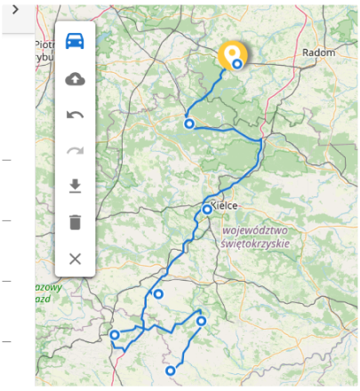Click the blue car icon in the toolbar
[x=76, y=42]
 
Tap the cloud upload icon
[x=76, y=79]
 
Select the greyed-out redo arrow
[x=76, y=150]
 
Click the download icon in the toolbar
[x=76, y=186]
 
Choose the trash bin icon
[x=76, y=222]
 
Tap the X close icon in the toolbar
[x=76, y=259]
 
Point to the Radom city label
[x=318, y=53]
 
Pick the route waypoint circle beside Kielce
[x=207, y=210]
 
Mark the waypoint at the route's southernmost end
[x=170, y=371]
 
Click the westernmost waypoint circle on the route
[x=115, y=335]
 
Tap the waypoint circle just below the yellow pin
[x=237, y=65]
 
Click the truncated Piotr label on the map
[x=44, y=44]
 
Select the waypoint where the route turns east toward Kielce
[x=189, y=124]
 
